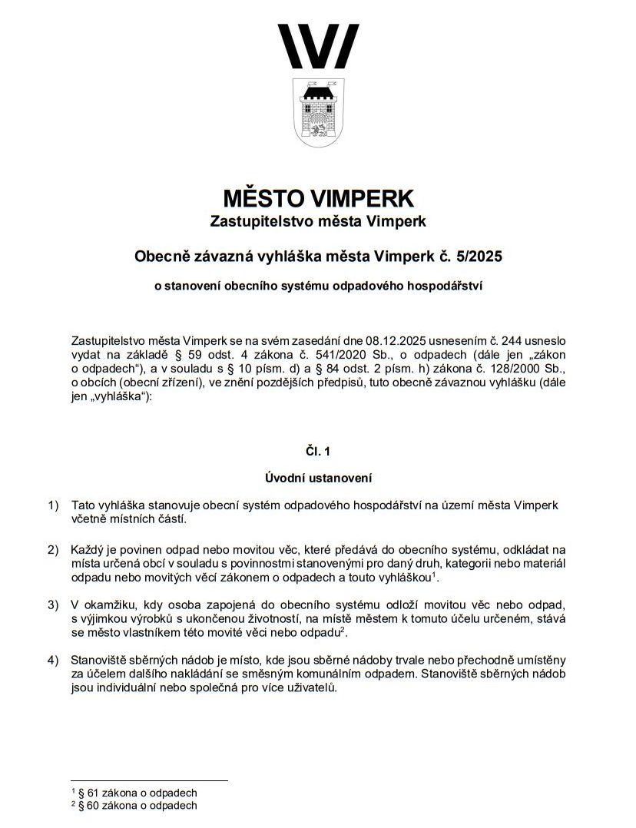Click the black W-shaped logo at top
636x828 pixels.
tap(318, 46)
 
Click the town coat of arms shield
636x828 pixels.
tap(318, 111)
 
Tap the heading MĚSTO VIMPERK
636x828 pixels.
tap(318, 199)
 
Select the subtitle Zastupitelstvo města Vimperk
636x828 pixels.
tap(318, 222)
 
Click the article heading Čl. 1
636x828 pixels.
tap(318, 452)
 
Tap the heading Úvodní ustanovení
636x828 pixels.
tap(318, 479)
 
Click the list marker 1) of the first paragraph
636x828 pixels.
tap(52, 505)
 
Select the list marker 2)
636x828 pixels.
tap(52, 550)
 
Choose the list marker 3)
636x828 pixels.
tap(52, 605)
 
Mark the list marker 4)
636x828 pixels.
tap(52, 660)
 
